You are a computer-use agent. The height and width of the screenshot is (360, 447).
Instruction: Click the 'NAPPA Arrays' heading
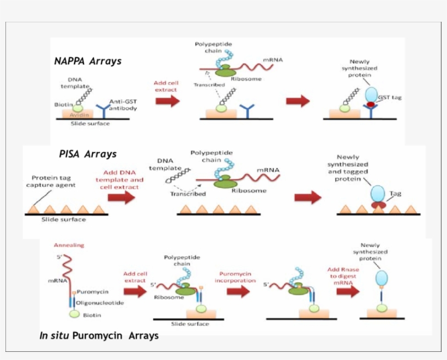pos(88,61)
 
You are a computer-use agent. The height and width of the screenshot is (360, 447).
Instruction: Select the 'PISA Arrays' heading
pos(88,154)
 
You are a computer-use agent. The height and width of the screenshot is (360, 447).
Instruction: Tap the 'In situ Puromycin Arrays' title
pos(99,335)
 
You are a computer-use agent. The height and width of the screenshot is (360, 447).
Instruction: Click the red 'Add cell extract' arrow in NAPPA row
pos(167,101)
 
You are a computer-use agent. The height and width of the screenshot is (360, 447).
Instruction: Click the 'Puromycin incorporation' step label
pos(234,277)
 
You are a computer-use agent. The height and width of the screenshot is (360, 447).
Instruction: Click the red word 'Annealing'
pos(69,245)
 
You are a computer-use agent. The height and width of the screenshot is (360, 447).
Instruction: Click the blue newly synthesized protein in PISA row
pos(377,193)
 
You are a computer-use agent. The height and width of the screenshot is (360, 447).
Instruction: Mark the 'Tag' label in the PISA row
pos(395,193)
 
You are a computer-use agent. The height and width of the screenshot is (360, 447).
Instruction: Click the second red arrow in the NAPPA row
pos(298,101)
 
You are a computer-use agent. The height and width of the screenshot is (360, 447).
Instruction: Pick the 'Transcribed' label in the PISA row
pos(188,193)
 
